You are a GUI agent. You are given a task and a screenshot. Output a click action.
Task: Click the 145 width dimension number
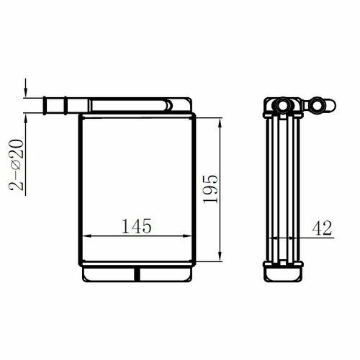click(137, 226)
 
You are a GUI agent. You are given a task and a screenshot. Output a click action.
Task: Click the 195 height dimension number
click(210, 189)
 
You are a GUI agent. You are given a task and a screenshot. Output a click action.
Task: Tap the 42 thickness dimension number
click(322, 228)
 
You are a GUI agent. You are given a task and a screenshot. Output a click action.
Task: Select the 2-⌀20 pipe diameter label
click(17, 165)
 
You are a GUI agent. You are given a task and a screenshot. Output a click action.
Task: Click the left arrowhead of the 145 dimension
click(87, 236)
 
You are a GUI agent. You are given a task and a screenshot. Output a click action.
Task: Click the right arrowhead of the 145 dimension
click(187, 236)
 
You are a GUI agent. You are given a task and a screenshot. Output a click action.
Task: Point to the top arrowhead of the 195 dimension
click(220, 123)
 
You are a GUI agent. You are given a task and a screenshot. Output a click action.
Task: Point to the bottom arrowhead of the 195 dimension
click(220, 256)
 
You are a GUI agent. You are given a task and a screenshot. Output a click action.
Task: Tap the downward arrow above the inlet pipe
click(25, 88)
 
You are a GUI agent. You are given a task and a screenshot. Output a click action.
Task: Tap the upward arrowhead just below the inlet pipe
click(25, 118)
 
